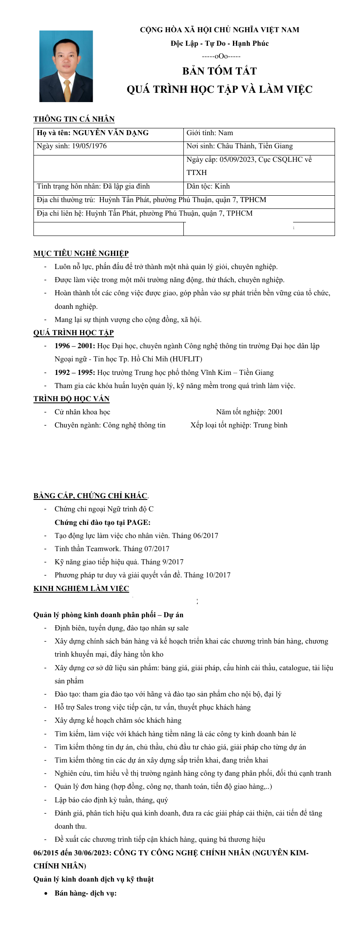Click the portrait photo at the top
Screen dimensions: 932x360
(x=66, y=66)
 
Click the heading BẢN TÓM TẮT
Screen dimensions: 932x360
(x=219, y=71)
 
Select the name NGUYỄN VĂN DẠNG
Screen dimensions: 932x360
(x=111, y=133)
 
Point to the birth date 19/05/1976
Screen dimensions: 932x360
(x=89, y=146)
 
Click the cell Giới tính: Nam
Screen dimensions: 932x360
(x=210, y=133)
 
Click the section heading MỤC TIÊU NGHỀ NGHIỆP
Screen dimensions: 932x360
(x=81, y=254)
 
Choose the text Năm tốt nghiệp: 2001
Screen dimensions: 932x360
(x=249, y=412)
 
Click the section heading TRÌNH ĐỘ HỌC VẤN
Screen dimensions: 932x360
(x=72, y=399)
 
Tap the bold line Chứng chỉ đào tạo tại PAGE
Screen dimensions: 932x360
(x=102, y=523)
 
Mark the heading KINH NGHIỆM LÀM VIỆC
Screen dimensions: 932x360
(x=81, y=589)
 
